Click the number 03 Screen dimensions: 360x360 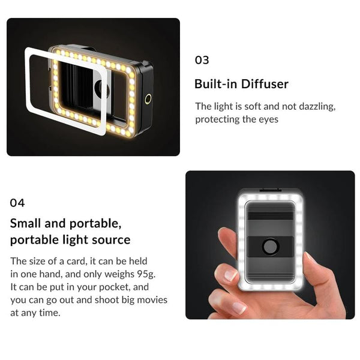pos(202,60)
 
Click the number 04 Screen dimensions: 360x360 pos(17,203)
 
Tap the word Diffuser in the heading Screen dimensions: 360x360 pos(262,84)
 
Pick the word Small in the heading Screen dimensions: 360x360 pos(27,224)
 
